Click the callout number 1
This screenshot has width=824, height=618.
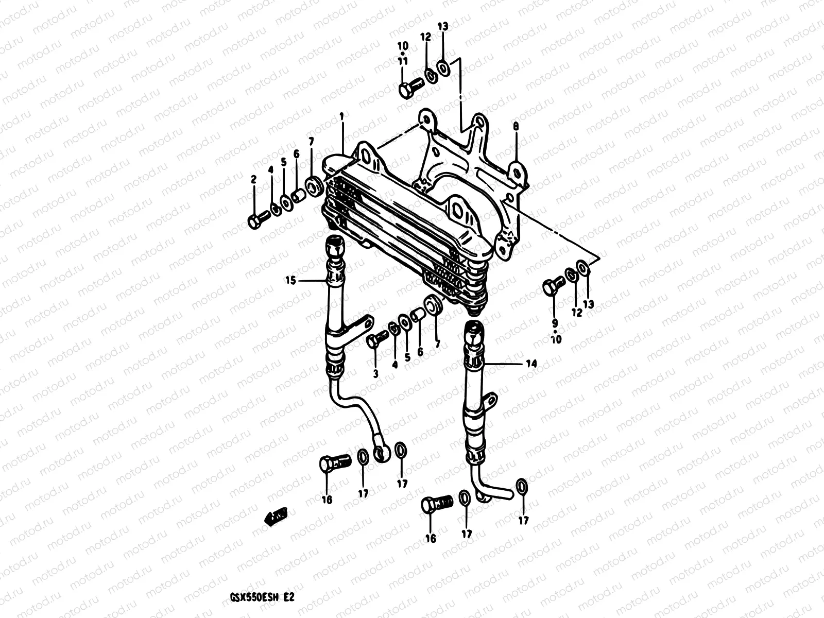click(341, 117)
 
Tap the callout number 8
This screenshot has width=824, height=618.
click(516, 126)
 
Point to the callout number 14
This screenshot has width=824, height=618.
click(531, 364)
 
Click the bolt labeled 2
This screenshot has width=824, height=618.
click(256, 221)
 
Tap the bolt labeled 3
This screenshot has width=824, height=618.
click(377, 340)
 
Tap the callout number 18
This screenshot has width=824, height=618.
click(327, 500)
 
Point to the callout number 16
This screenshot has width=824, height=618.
click(431, 539)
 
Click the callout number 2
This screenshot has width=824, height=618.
click(253, 179)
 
